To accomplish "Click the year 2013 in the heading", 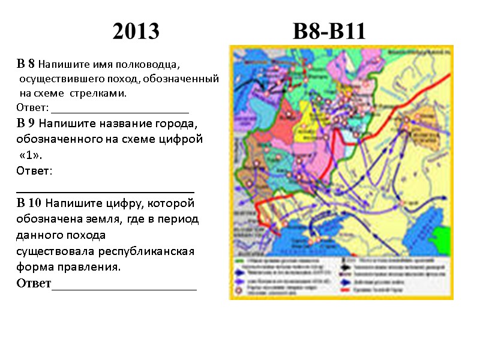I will point(136,31).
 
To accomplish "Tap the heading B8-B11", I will point(329,31).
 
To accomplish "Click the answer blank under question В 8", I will point(120,111).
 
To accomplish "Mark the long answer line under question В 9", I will point(105,190).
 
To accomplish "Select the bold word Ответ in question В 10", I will point(34,283).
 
